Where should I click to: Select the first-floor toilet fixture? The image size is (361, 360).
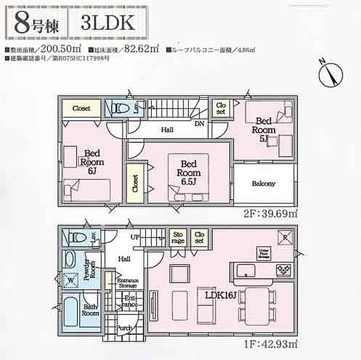(76, 237)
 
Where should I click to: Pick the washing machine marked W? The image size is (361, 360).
(71, 280)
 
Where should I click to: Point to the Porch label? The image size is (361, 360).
(124, 328)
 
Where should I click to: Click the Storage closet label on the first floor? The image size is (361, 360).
(178, 237)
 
